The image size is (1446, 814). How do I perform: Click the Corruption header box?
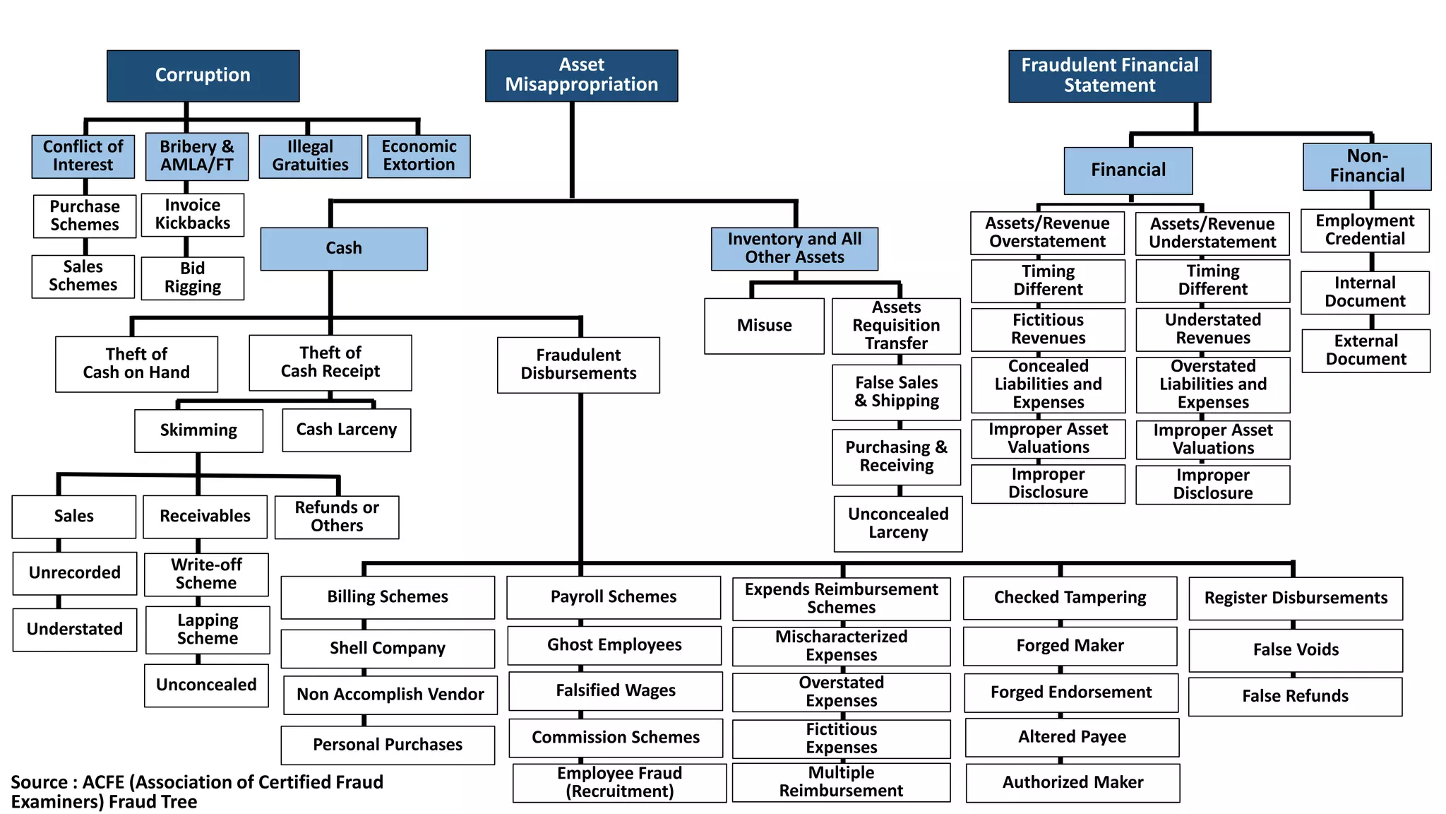pyautogui.click(x=203, y=76)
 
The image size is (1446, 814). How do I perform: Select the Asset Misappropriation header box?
pyautogui.click(x=581, y=76)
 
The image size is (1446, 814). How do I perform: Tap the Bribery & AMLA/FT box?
pyautogui.click(x=196, y=156)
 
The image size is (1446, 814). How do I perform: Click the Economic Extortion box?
pyautogui.click(x=419, y=156)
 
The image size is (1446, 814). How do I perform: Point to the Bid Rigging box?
pyautogui.click(x=192, y=278)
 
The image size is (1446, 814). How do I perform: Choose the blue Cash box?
pyautogui.click(x=343, y=249)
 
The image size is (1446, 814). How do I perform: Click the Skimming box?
pyautogui.click(x=198, y=430)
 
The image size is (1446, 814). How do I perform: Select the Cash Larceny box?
pyautogui.click(x=346, y=430)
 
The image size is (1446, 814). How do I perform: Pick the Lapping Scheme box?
pyautogui.click(x=207, y=630)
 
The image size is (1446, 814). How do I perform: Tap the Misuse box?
pyautogui.click(x=764, y=326)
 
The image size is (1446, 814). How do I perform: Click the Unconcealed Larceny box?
pyautogui.click(x=897, y=524)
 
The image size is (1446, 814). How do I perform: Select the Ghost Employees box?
pyautogui.click(x=614, y=645)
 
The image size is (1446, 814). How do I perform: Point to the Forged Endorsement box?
pyautogui.click(x=1070, y=692)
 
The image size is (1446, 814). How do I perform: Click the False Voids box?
pyautogui.click(x=1295, y=650)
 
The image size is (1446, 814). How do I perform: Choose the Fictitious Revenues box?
pyautogui.click(x=1048, y=329)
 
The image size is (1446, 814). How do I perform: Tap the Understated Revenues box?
pyautogui.click(x=1212, y=329)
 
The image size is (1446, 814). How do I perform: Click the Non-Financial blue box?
pyautogui.click(x=1366, y=166)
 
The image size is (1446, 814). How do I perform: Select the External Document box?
pyautogui.click(x=1366, y=350)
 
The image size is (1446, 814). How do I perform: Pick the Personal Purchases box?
pyautogui.click(x=388, y=745)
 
